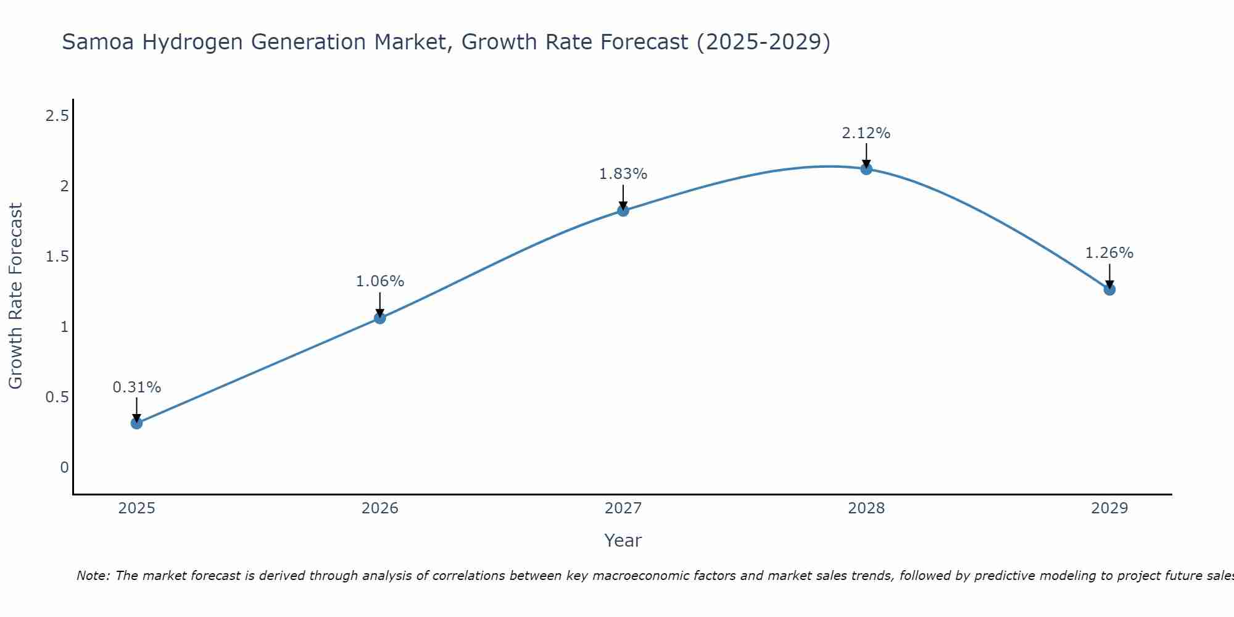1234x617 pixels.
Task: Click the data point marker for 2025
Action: (137, 423)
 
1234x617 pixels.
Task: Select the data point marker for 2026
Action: (380, 318)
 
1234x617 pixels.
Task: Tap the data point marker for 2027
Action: (623, 210)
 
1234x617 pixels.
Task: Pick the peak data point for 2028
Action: (866, 169)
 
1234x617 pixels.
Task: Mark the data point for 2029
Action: (1109, 289)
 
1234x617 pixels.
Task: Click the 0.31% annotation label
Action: (137, 387)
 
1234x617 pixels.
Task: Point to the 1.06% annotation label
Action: (380, 281)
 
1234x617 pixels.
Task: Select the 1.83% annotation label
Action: (623, 174)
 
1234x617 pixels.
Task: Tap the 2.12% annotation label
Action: (866, 133)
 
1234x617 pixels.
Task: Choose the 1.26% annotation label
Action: (1109, 253)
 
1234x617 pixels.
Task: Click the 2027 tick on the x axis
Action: (623, 508)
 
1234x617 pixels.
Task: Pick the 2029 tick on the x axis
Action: (1109, 508)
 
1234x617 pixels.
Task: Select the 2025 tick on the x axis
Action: (137, 508)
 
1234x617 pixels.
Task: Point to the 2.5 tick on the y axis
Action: (57, 115)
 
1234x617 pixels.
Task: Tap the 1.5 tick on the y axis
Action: (57, 256)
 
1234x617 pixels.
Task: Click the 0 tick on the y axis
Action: (64, 468)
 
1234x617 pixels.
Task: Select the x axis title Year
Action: (623, 540)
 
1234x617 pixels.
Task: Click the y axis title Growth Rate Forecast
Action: (15, 296)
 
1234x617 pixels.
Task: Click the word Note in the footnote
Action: (93, 576)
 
